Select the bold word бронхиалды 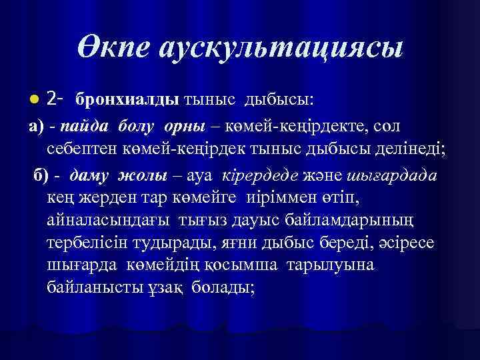click(127, 99)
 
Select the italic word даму click(88, 175)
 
